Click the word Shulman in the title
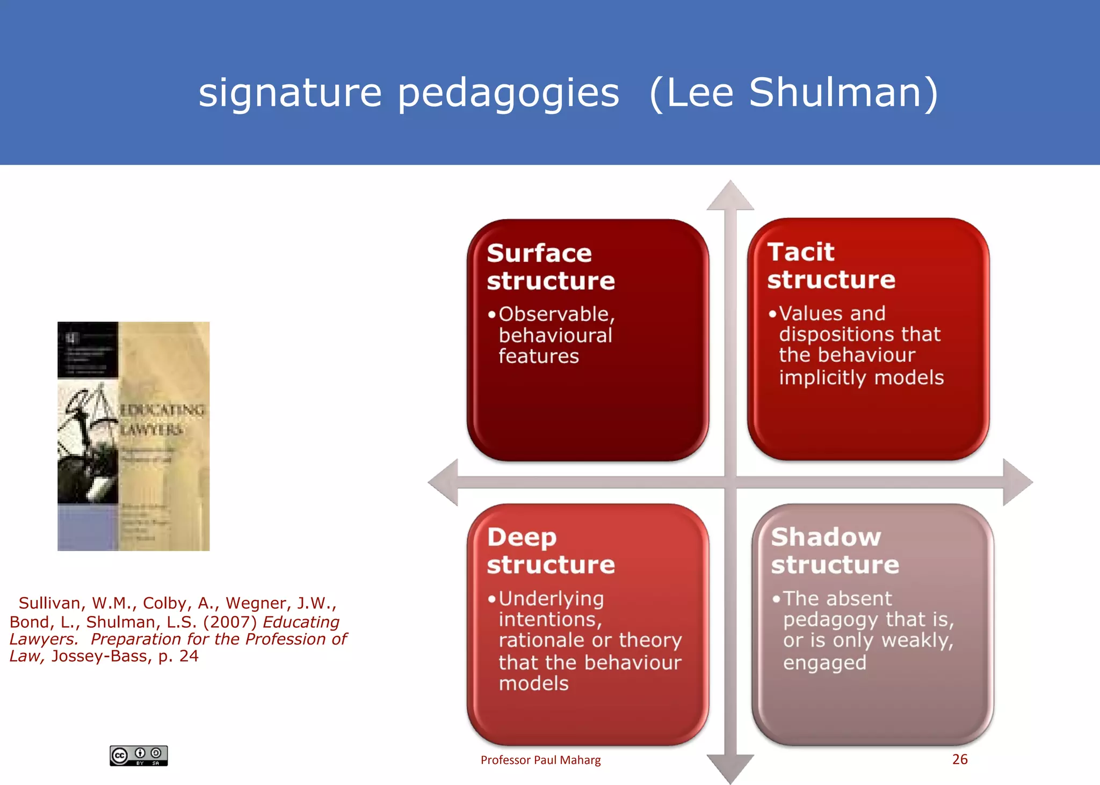(x=843, y=92)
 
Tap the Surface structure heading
(x=551, y=267)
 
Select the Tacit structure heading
(x=830, y=266)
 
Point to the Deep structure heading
(x=551, y=551)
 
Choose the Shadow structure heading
(x=835, y=551)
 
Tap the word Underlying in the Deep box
(x=551, y=598)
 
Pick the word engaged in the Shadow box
(x=824, y=663)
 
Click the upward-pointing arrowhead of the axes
(x=730, y=195)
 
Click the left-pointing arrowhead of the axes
(x=444, y=482)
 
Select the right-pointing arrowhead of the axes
(x=1017, y=482)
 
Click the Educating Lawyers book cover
(x=133, y=436)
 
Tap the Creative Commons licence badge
(x=139, y=755)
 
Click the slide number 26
(x=960, y=759)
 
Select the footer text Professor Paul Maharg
(x=540, y=760)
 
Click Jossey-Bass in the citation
(x=102, y=656)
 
